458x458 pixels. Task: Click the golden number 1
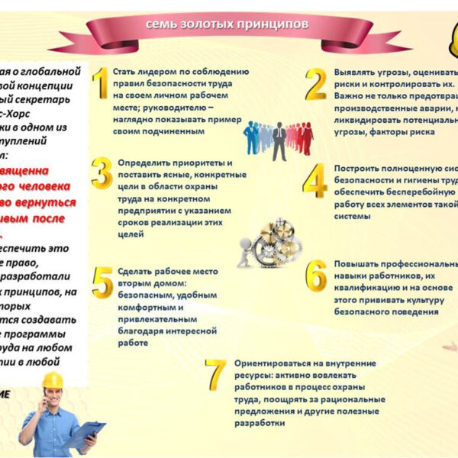[x=100, y=85]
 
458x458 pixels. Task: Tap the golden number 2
[x=315, y=85]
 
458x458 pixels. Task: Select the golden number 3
[x=101, y=173]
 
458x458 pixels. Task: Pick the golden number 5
[x=102, y=281]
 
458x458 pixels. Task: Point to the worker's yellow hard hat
[x=52, y=380]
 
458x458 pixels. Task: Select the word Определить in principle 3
[x=144, y=163]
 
